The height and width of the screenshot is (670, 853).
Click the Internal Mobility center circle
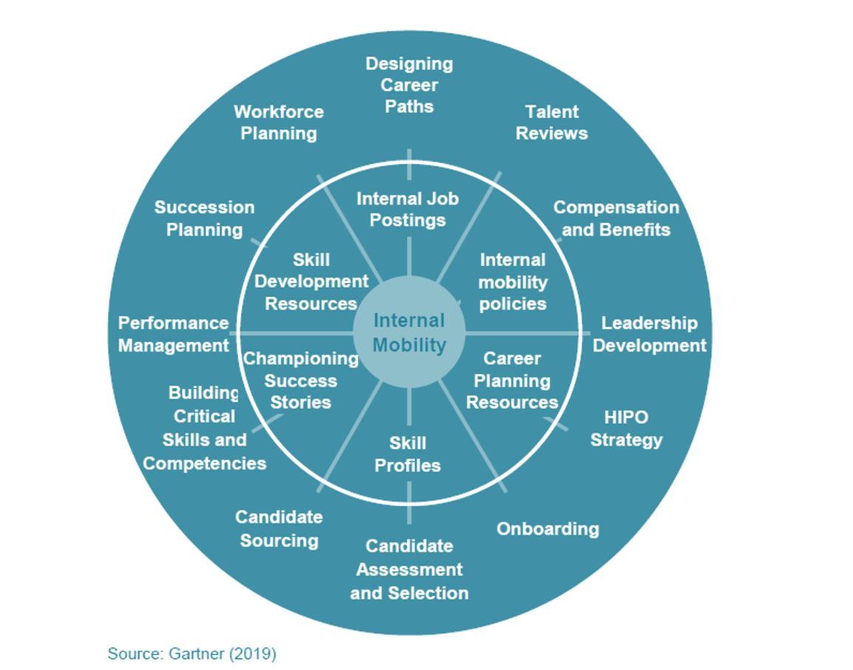409,332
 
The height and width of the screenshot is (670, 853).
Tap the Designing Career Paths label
409,85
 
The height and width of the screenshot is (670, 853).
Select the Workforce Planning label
279,123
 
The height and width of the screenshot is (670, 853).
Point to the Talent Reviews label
551,123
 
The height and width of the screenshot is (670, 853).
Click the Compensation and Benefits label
616,219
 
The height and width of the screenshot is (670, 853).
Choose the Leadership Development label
649,334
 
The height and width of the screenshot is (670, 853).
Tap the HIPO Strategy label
626,428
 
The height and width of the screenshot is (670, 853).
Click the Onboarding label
547,529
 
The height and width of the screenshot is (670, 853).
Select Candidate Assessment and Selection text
409,570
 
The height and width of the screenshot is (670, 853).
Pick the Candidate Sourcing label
279,529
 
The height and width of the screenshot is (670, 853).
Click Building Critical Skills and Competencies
204,428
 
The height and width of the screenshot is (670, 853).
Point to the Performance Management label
174,334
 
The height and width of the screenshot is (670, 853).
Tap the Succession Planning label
204,219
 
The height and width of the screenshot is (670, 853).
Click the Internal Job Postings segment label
407,209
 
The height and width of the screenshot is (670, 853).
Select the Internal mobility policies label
512,281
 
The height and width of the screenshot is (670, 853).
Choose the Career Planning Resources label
512,380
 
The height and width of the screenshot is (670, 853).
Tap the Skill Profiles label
407,454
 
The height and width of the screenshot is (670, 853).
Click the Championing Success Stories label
300,380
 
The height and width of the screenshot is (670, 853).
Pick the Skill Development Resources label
310,281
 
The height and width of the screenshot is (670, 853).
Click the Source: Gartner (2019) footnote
191,654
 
